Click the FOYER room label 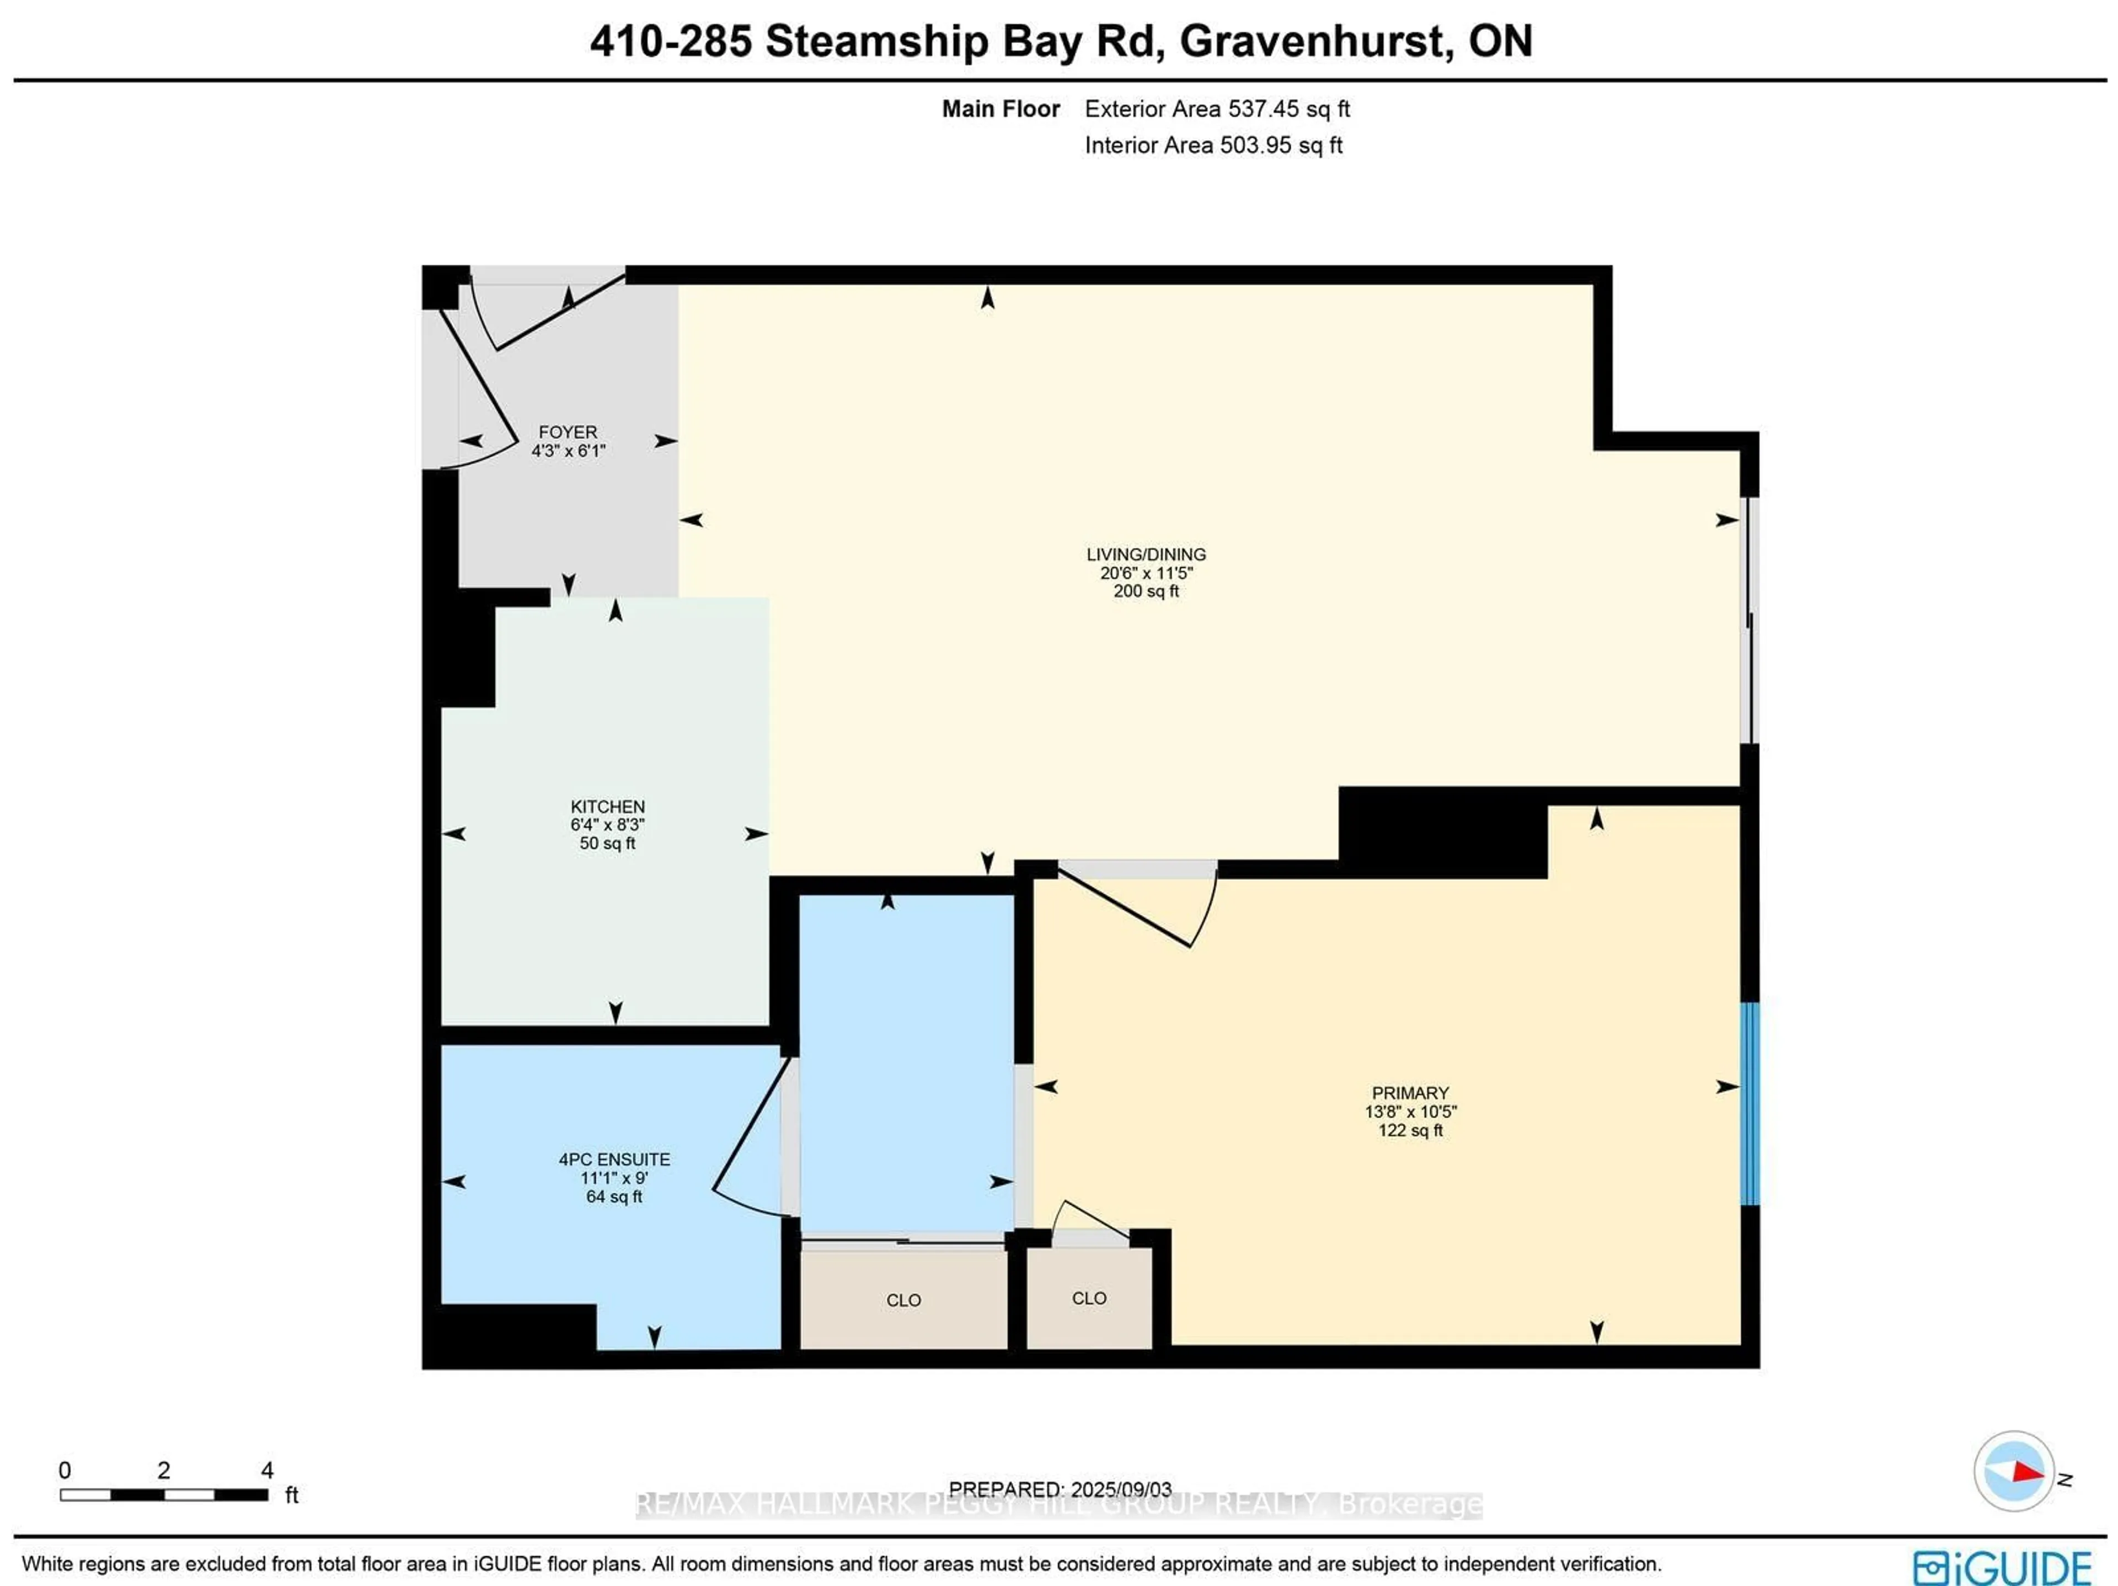point(567,432)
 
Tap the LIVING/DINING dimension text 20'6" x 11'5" point(1146,573)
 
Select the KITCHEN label point(607,807)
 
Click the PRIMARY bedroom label point(1409,1093)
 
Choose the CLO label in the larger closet point(903,1300)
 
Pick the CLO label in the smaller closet point(1089,1297)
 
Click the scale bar point(164,1494)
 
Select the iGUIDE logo point(2001,1568)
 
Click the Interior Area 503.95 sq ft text point(1212,146)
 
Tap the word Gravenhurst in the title point(1311,41)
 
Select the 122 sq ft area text point(1409,1130)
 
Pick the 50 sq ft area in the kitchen point(607,843)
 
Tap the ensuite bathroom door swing point(752,1140)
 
